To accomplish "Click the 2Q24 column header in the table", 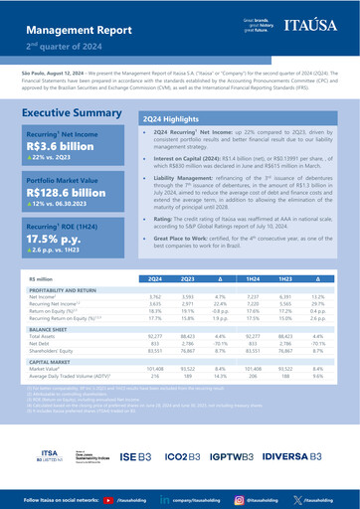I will click(155, 335).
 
